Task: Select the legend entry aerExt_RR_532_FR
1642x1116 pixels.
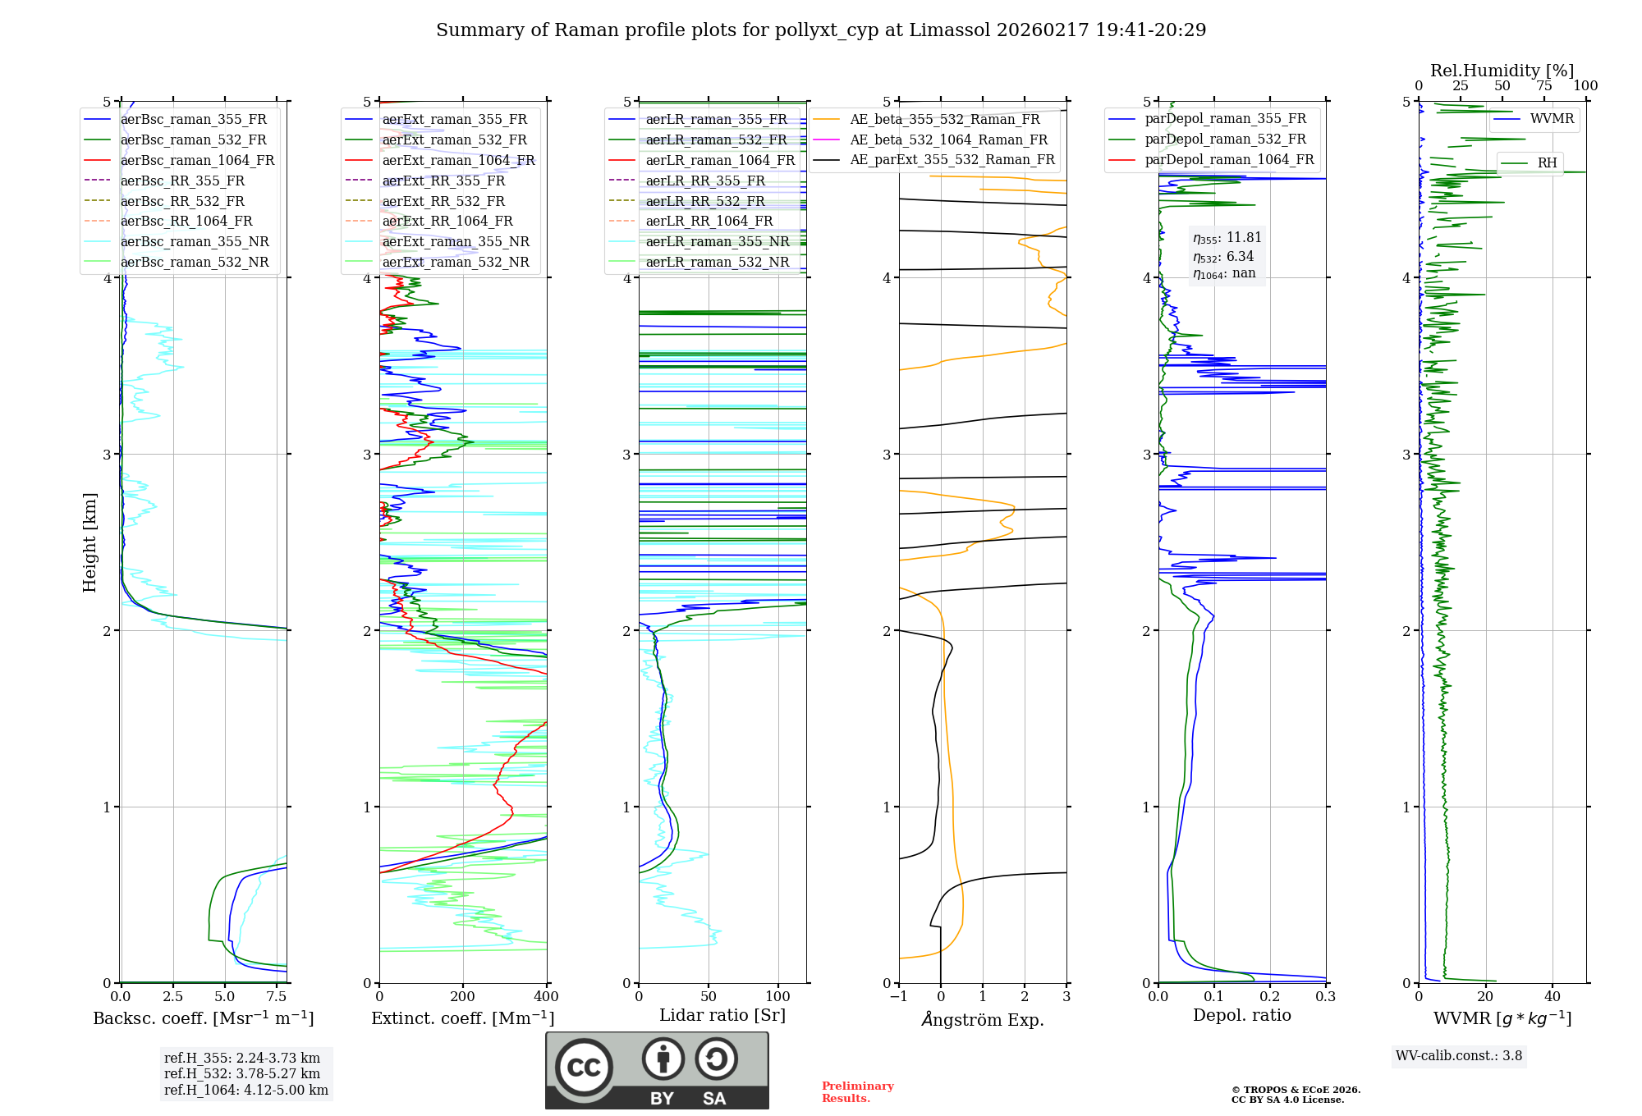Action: pos(443,201)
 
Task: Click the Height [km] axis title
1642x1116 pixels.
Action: pos(89,542)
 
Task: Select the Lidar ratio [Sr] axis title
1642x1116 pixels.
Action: pos(722,1015)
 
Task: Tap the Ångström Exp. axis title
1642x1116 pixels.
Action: pos(983,1019)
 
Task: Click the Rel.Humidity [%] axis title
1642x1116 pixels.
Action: pos(1502,71)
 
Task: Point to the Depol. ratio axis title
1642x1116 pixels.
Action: pos(1241,1015)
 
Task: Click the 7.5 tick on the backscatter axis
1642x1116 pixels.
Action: pos(277,997)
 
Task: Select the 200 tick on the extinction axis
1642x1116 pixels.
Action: pos(463,997)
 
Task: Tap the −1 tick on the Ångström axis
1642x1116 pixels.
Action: pos(898,997)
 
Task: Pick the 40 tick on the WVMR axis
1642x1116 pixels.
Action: pos(1553,997)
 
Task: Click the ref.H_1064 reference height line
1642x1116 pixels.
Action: pos(245,1091)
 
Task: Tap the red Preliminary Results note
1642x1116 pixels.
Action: pos(857,1091)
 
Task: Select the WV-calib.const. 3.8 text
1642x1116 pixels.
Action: pos(1458,1056)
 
